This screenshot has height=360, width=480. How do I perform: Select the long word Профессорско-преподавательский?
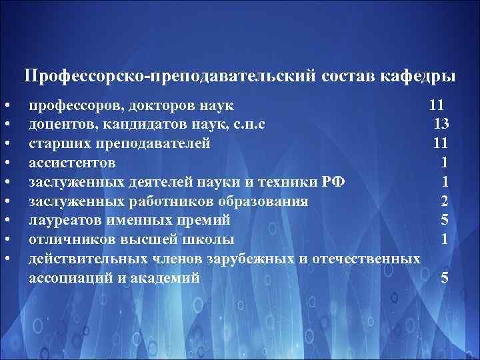point(165,77)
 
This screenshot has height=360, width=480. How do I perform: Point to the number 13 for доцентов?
point(441,123)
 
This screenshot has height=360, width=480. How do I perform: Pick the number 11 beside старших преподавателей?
point(440,143)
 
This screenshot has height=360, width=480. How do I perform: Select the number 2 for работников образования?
point(444,201)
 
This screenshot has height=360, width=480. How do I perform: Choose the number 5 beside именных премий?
point(444,220)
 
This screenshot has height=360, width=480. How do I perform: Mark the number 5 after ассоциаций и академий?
point(444,278)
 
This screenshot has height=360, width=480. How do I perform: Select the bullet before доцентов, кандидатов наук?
point(5,125)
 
